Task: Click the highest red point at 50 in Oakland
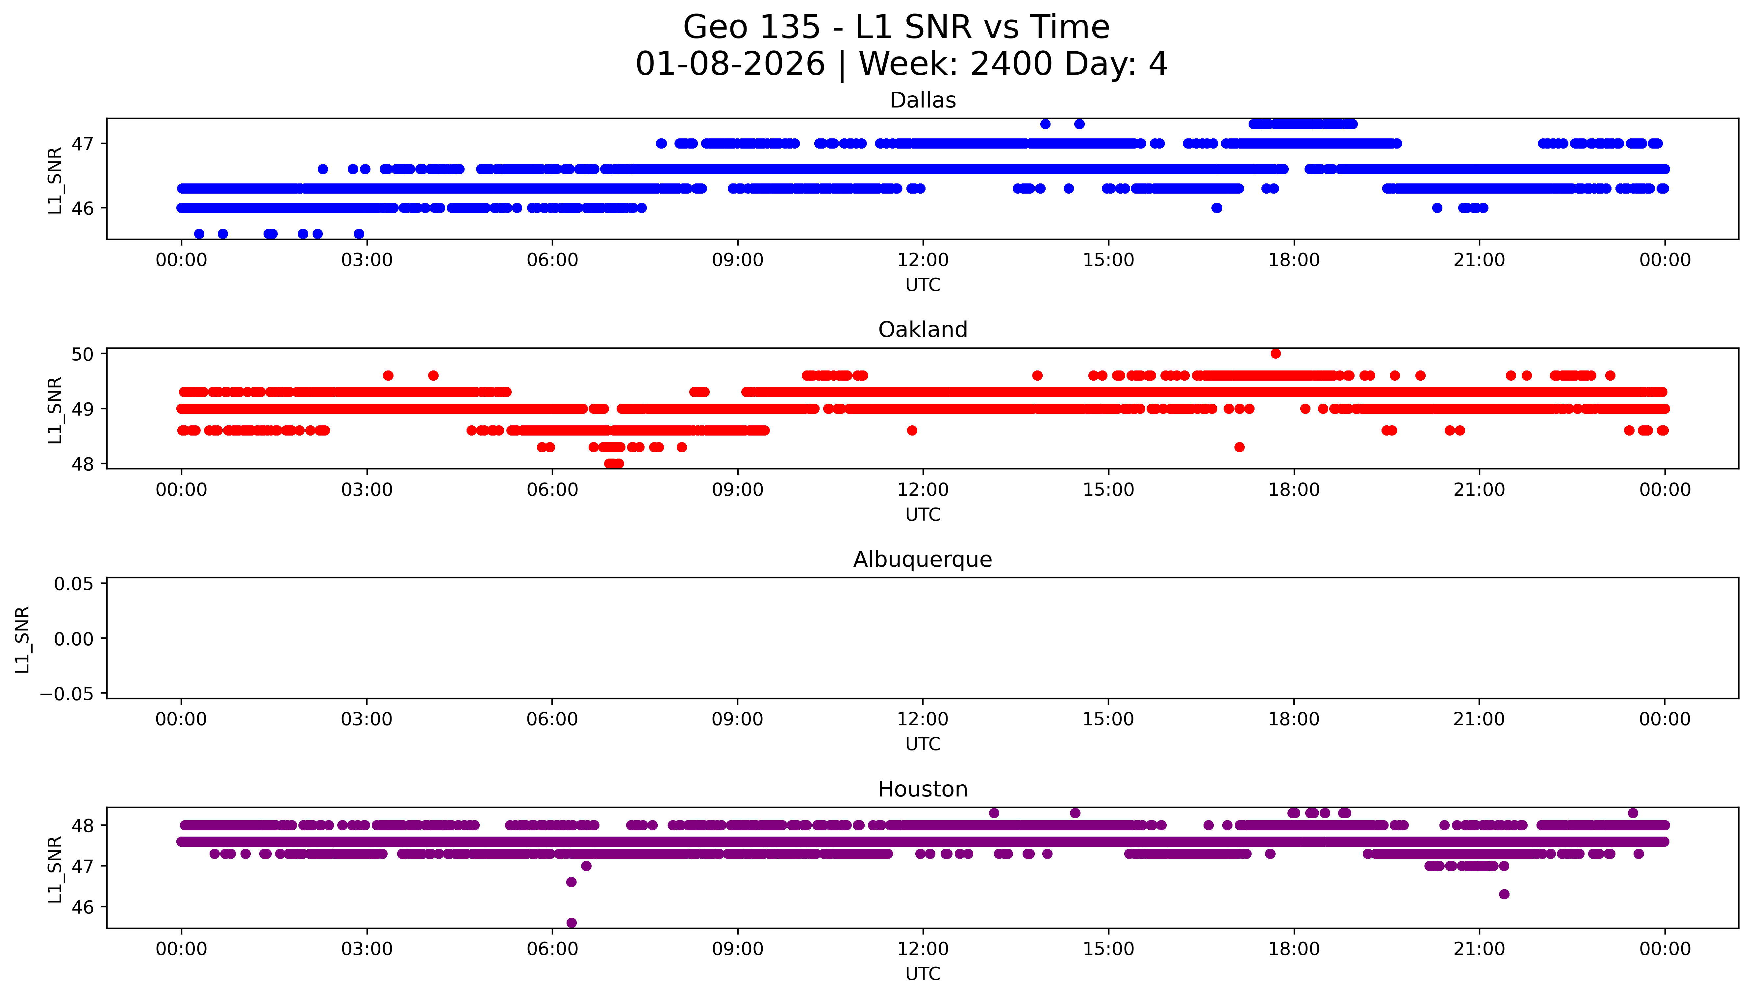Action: click(1275, 353)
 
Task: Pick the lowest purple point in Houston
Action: click(571, 923)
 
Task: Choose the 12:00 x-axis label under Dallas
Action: click(923, 260)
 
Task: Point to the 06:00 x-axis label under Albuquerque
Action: click(552, 720)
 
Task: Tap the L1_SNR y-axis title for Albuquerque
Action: click(23, 639)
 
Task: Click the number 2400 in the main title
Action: click(1011, 64)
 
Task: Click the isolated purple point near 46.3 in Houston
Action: click(1504, 894)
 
